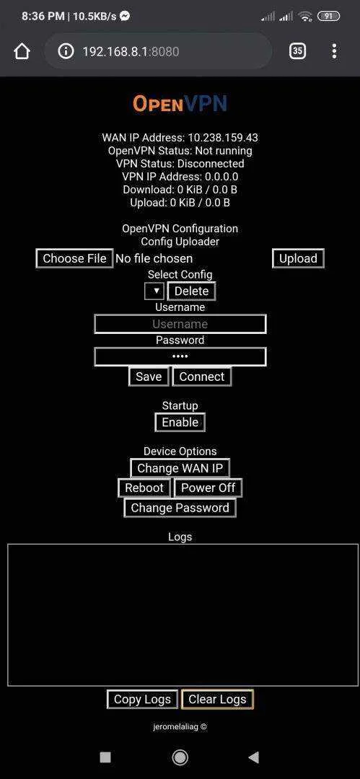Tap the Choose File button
tap(74, 258)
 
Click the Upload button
tap(298, 258)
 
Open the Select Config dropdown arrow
tap(154, 291)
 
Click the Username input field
tap(180, 324)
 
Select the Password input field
tap(180, 357)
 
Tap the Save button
tap(149, 377)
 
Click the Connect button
tap(202, 377)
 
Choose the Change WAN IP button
tap(180, 468)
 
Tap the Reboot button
tap(144, 488)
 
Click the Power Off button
tap(208, 488)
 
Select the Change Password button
tap(180, 508)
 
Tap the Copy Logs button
tap(142, 700)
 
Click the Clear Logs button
tap(217, 700)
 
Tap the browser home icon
tap(22, 51)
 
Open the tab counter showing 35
tap(297, 50)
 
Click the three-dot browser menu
tap(334, 50)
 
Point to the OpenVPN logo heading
tap(180, 104)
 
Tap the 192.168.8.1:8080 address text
tap(131, 51)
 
